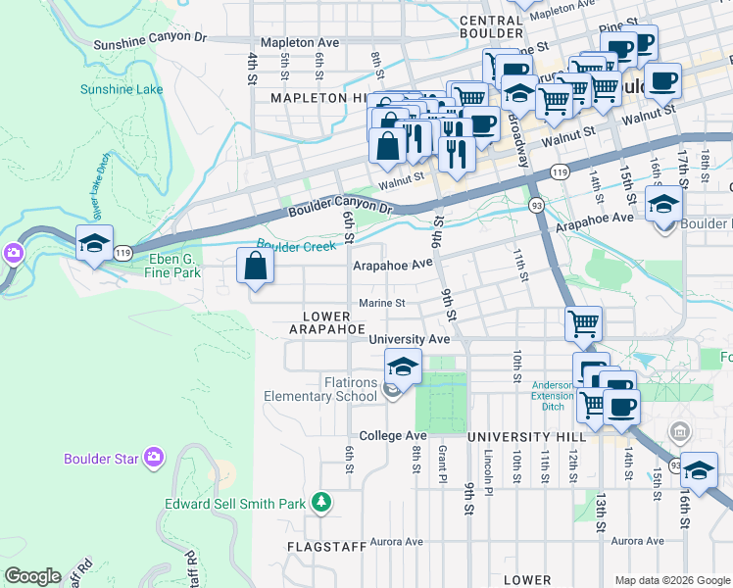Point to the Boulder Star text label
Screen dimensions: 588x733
click(103, 459)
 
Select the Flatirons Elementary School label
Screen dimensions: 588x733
click(320, 389)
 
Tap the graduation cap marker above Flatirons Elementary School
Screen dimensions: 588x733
click(403, 367)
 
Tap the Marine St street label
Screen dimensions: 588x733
click(381, 304)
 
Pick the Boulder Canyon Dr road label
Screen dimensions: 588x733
click(340, 211)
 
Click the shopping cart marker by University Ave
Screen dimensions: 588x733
click(583, 322)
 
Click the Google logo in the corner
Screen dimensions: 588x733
click(32, 576)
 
